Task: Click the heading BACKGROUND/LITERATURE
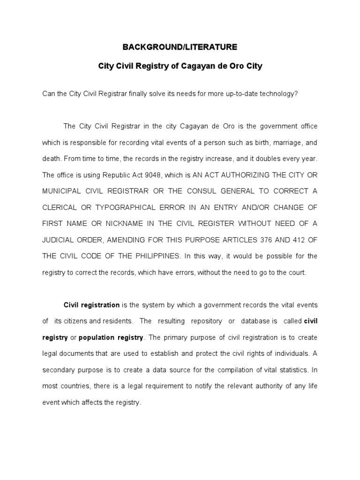click(x=180, y=47)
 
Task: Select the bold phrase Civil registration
click(x=91, y=305)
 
